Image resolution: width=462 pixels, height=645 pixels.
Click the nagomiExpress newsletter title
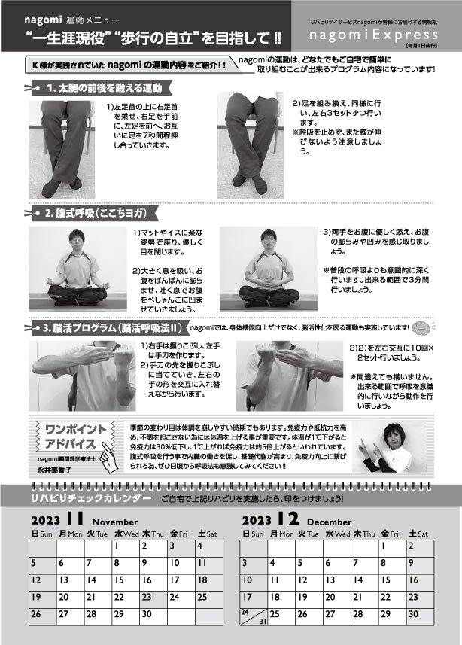(x=373, y=34)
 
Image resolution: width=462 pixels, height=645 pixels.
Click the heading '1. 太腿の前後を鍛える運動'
(x=105, y=88)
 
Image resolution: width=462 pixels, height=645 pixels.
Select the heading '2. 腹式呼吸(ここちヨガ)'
(x=95, y=214)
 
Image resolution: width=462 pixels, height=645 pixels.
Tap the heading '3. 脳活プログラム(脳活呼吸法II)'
(x=112, y=328)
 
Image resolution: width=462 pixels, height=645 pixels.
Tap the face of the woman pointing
(x=392, y=436)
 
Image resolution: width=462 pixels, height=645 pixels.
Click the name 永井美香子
(x=54, y=470)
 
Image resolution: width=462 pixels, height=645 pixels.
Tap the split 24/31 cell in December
(x=254, y=617)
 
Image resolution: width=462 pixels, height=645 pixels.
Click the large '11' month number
(x=75, y=519)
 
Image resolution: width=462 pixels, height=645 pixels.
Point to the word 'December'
(x=329, y=522)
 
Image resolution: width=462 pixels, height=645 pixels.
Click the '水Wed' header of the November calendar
(x=126, y=534)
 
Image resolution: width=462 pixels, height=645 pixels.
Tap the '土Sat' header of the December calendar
(x=421, y=534)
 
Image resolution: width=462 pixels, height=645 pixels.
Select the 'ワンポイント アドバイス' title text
(x=70, y=437)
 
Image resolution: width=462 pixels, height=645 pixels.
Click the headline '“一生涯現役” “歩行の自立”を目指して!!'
(x=153, y=38)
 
